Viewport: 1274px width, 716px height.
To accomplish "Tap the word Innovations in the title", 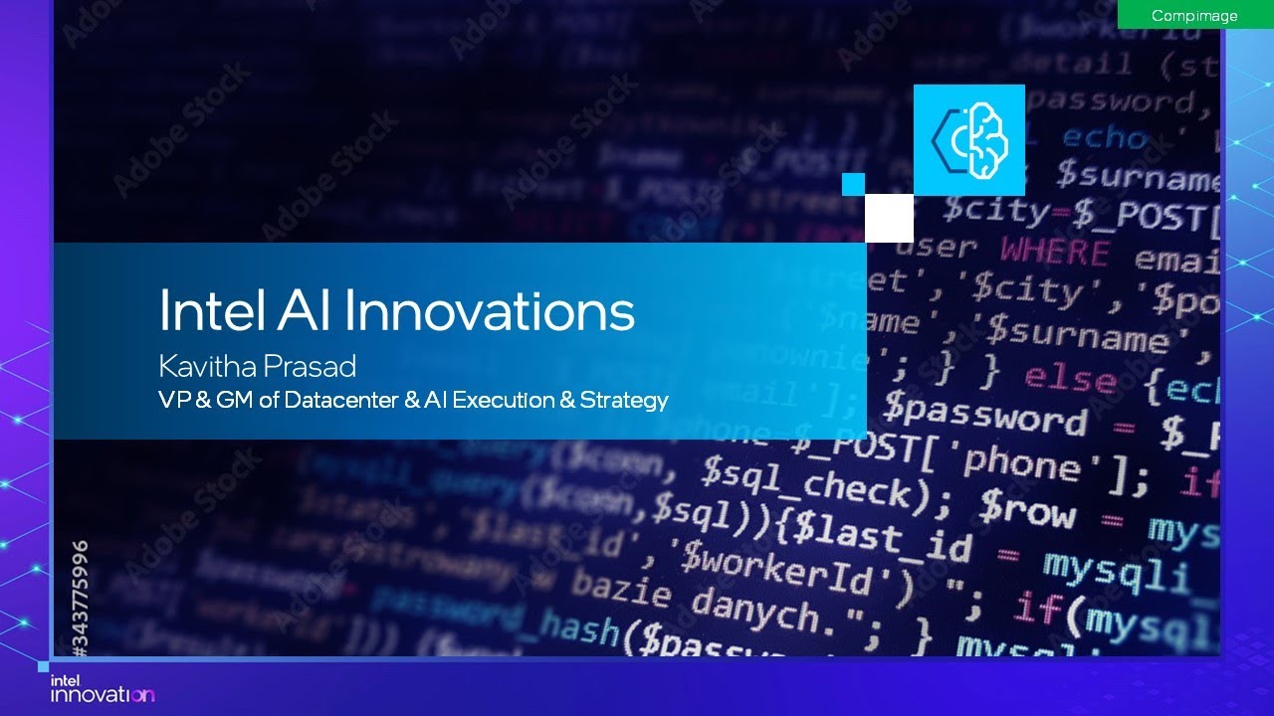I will pyautogui.click(x=489, y=310).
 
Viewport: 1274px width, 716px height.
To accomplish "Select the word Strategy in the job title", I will pyautogui.click(x=625, y=401).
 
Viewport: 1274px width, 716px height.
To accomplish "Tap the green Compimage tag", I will pyautogui.click(x=1194, y=15).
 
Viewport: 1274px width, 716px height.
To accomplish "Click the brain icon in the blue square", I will pyautogui.click(x=968, y=140).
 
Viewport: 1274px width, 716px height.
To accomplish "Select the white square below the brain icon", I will pyautogui.click(x=889, y=218).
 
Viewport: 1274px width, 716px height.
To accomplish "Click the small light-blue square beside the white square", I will pyautogui.click(x=853, y=184).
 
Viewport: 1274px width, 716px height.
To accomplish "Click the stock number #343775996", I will pyautogui.click(x=81, y=597).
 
